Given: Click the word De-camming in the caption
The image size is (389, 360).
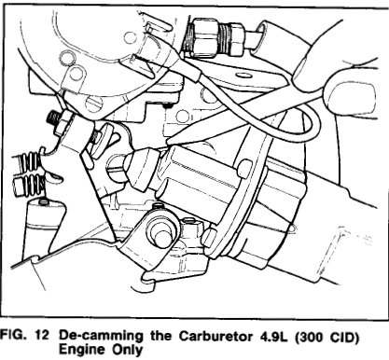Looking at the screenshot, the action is (101, 337).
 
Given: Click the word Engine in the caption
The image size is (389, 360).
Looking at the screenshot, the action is (82, 350).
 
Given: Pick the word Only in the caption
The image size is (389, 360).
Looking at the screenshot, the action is (127, 350).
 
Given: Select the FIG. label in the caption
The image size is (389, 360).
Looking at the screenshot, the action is (14, 335).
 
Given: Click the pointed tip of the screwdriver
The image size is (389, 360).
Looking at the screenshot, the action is (168, 143).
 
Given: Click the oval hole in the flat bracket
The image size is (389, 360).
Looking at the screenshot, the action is (242, 75).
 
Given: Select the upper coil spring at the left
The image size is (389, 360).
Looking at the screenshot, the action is (30, 161).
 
